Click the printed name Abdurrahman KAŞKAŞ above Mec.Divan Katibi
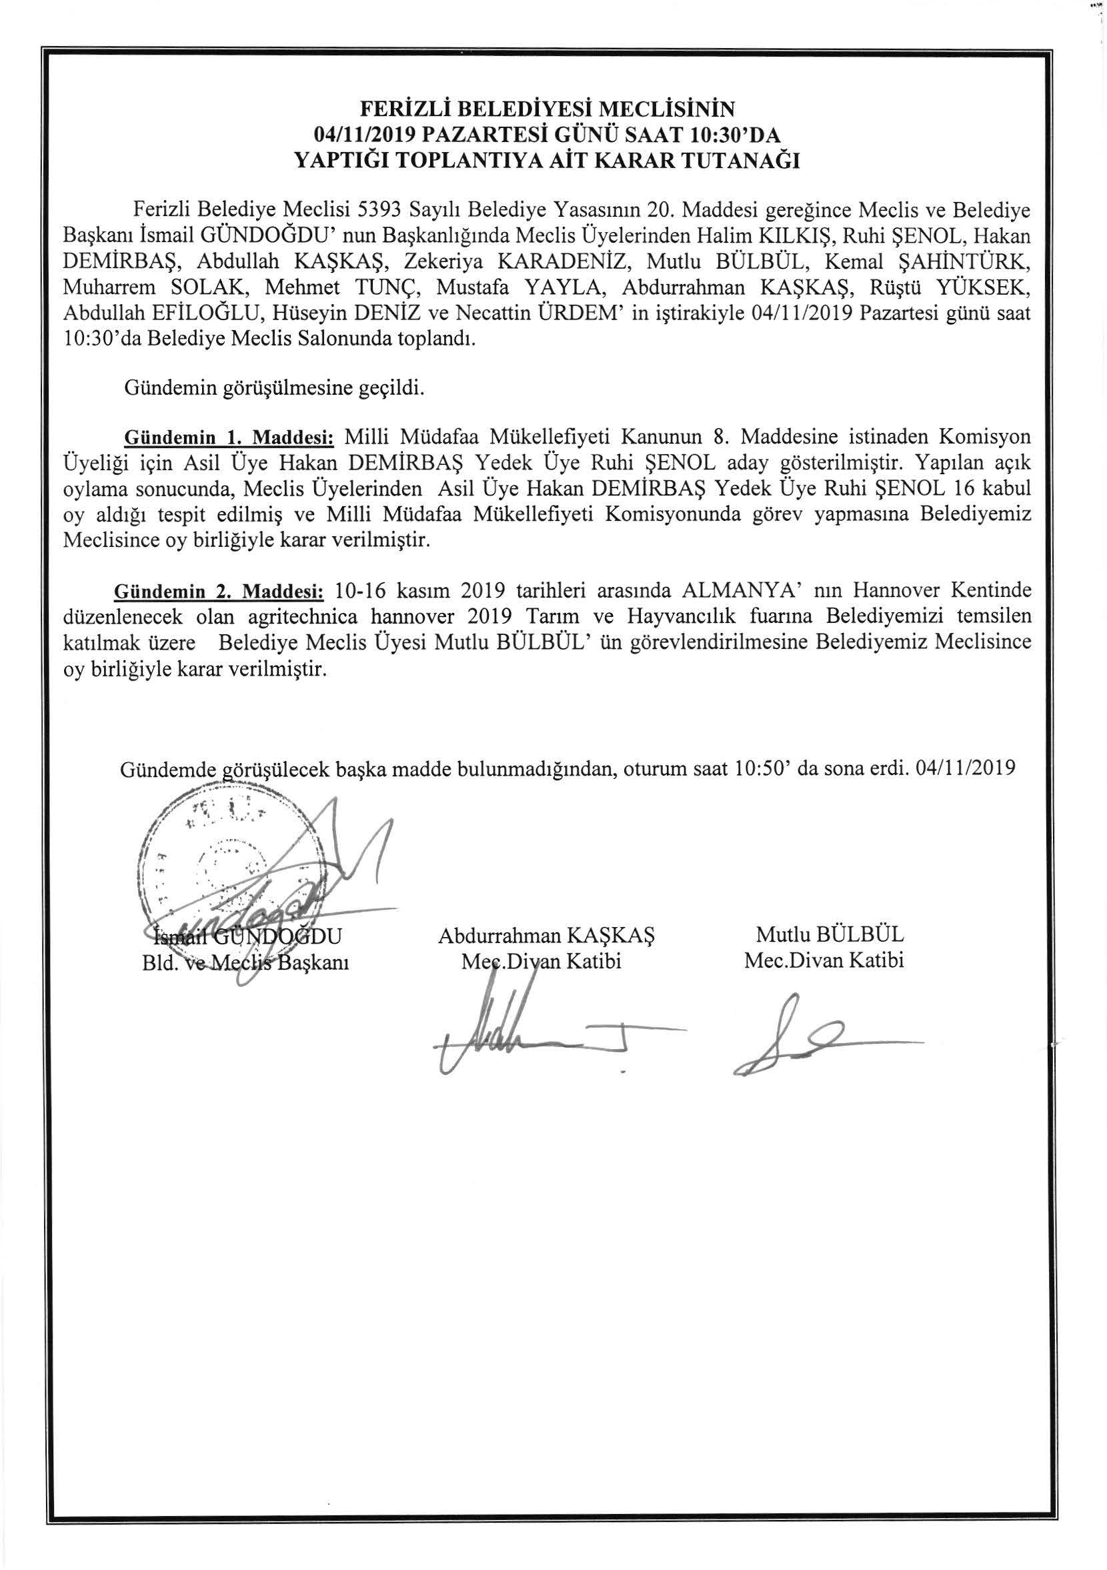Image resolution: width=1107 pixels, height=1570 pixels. [545, 935]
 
